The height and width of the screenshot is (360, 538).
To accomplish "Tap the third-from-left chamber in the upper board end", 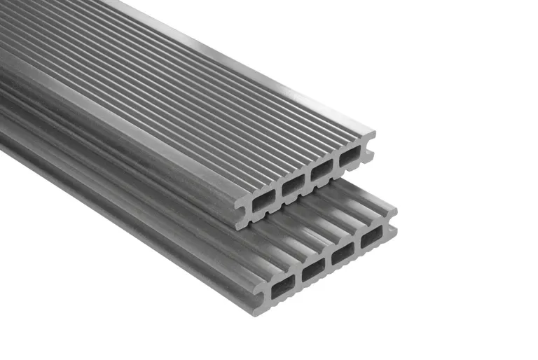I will pos(322,171).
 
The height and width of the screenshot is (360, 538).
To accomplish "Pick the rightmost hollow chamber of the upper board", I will pos(350,158).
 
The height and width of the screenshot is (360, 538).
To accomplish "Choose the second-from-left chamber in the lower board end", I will pos(314,270).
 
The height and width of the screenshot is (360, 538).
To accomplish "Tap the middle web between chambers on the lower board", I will pos(329,262).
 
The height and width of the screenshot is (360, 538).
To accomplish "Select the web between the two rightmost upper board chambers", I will pos(336,165).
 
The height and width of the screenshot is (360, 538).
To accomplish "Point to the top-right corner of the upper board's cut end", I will pos(374,132).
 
